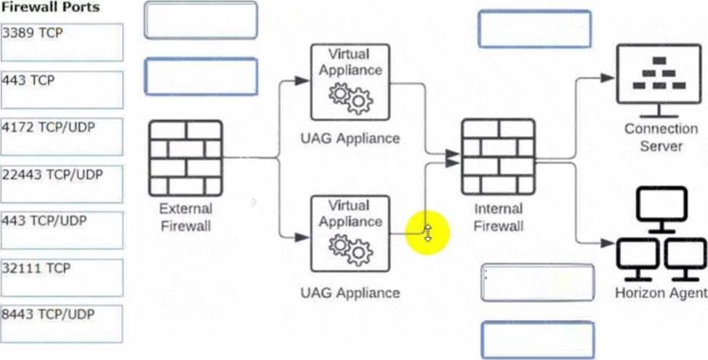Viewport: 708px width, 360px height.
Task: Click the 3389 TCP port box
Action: [62, 42]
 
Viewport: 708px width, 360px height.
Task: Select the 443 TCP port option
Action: [62, 89]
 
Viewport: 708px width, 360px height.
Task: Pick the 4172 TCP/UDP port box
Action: [62, 137]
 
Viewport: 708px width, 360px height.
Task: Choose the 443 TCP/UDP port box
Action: [62, 231]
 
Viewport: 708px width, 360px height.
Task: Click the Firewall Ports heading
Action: [51, 8]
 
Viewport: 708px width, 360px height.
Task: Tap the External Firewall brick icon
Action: [185, 157]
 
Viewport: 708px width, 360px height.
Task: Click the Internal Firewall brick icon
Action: [498, 156]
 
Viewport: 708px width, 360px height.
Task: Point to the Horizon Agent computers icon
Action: [661, 234]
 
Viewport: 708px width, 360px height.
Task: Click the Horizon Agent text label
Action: [661, 293]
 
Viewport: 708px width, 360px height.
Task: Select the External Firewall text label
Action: [185, 217]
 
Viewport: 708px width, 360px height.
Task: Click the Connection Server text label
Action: [661, 137]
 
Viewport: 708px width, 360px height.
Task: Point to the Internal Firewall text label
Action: [498, 217]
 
